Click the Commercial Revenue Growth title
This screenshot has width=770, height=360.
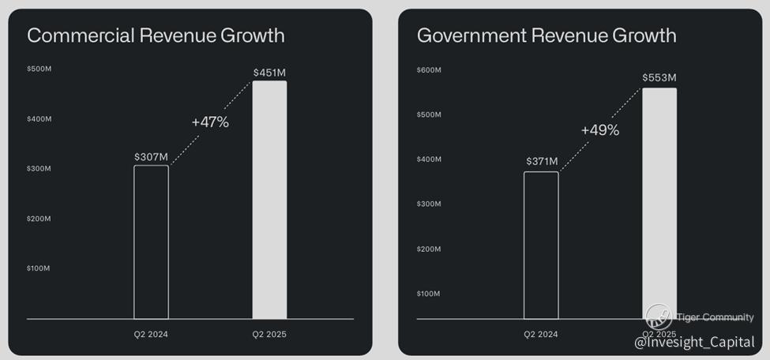pyautogui.click(x=156, y=36)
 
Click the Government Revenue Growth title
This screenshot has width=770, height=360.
pyautogui.click(x=547, y=36)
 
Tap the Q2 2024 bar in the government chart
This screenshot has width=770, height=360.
pyautogui.click(x=541, y=245)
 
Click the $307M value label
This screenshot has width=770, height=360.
pyautogui.click(x=151, y=156)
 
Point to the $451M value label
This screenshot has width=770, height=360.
pyautogui.click(x=269, y=73)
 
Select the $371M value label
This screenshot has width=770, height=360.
pyautogui.click(x=542, y=162)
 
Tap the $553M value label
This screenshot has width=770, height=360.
pyautogui.click(x=659, y=77)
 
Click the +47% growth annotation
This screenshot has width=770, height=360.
pyautogui.click(x=210, y=122)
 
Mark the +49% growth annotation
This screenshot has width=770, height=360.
pyautogui.click(x=600, y=130)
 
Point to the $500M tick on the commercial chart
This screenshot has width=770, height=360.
pyautogui.click(x=39, y=69)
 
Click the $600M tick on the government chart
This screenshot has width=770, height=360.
pyautogui.click(x=429, y=70)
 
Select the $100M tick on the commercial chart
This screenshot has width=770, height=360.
pyautogui.click(x=39, y=268)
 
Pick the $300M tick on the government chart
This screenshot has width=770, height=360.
pyautogui.click(x=429, y=204)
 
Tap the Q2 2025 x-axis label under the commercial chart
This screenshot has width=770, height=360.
pyautogui.click(x=269, y=334)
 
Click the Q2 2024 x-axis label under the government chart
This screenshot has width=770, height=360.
pyautogui.click(x=541, y=334)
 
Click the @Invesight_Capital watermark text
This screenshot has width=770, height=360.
pyautogui.click(x=695, y=342)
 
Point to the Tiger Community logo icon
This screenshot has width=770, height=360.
pyautogui.click(x=659, y=317)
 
